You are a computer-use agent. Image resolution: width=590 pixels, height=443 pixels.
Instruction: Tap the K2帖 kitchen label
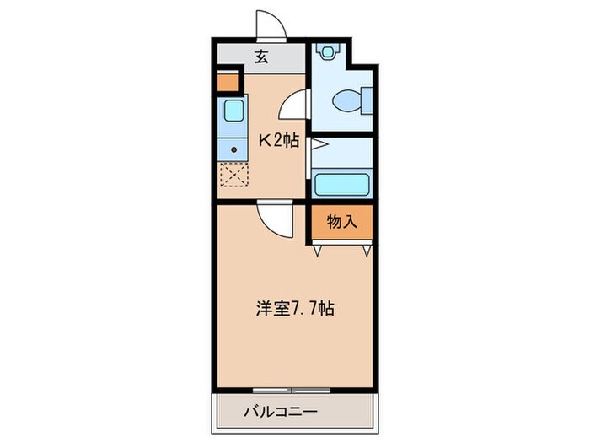click(x=278, y=140)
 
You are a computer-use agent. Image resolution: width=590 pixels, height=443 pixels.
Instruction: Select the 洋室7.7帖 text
click(x=295, y=309)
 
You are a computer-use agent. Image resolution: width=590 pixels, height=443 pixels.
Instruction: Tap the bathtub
click(x=341, y=184)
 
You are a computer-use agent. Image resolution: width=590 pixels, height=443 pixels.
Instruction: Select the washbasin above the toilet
click(x=327, y=51)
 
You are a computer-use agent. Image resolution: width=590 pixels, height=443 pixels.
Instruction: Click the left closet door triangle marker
click(x=319, y=250)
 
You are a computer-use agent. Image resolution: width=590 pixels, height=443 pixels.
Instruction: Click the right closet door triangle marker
click(x=366, y=250)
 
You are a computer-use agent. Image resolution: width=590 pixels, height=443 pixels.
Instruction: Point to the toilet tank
click(x=366, y=103)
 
